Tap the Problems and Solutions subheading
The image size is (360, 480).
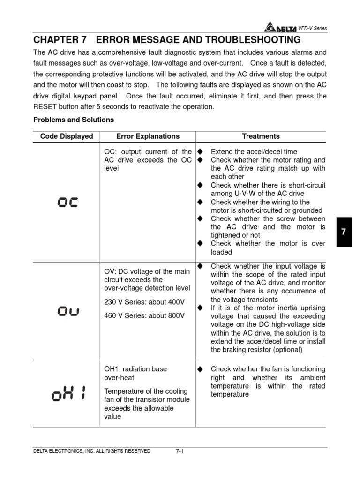pos(74,120)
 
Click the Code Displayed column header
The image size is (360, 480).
pos(67,136)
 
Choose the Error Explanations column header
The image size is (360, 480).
pos(148,136)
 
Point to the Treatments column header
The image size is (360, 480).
pos(261,136)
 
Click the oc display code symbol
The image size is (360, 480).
pos(67,202)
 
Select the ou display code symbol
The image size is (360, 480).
pos(67,311)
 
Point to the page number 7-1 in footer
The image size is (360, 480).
pos(180,451)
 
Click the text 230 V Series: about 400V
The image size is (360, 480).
pos(144,302)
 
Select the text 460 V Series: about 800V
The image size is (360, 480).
pos(144,315)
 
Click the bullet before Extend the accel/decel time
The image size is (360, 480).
pos(200,152)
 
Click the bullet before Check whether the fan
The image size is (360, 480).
pos(200,369)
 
